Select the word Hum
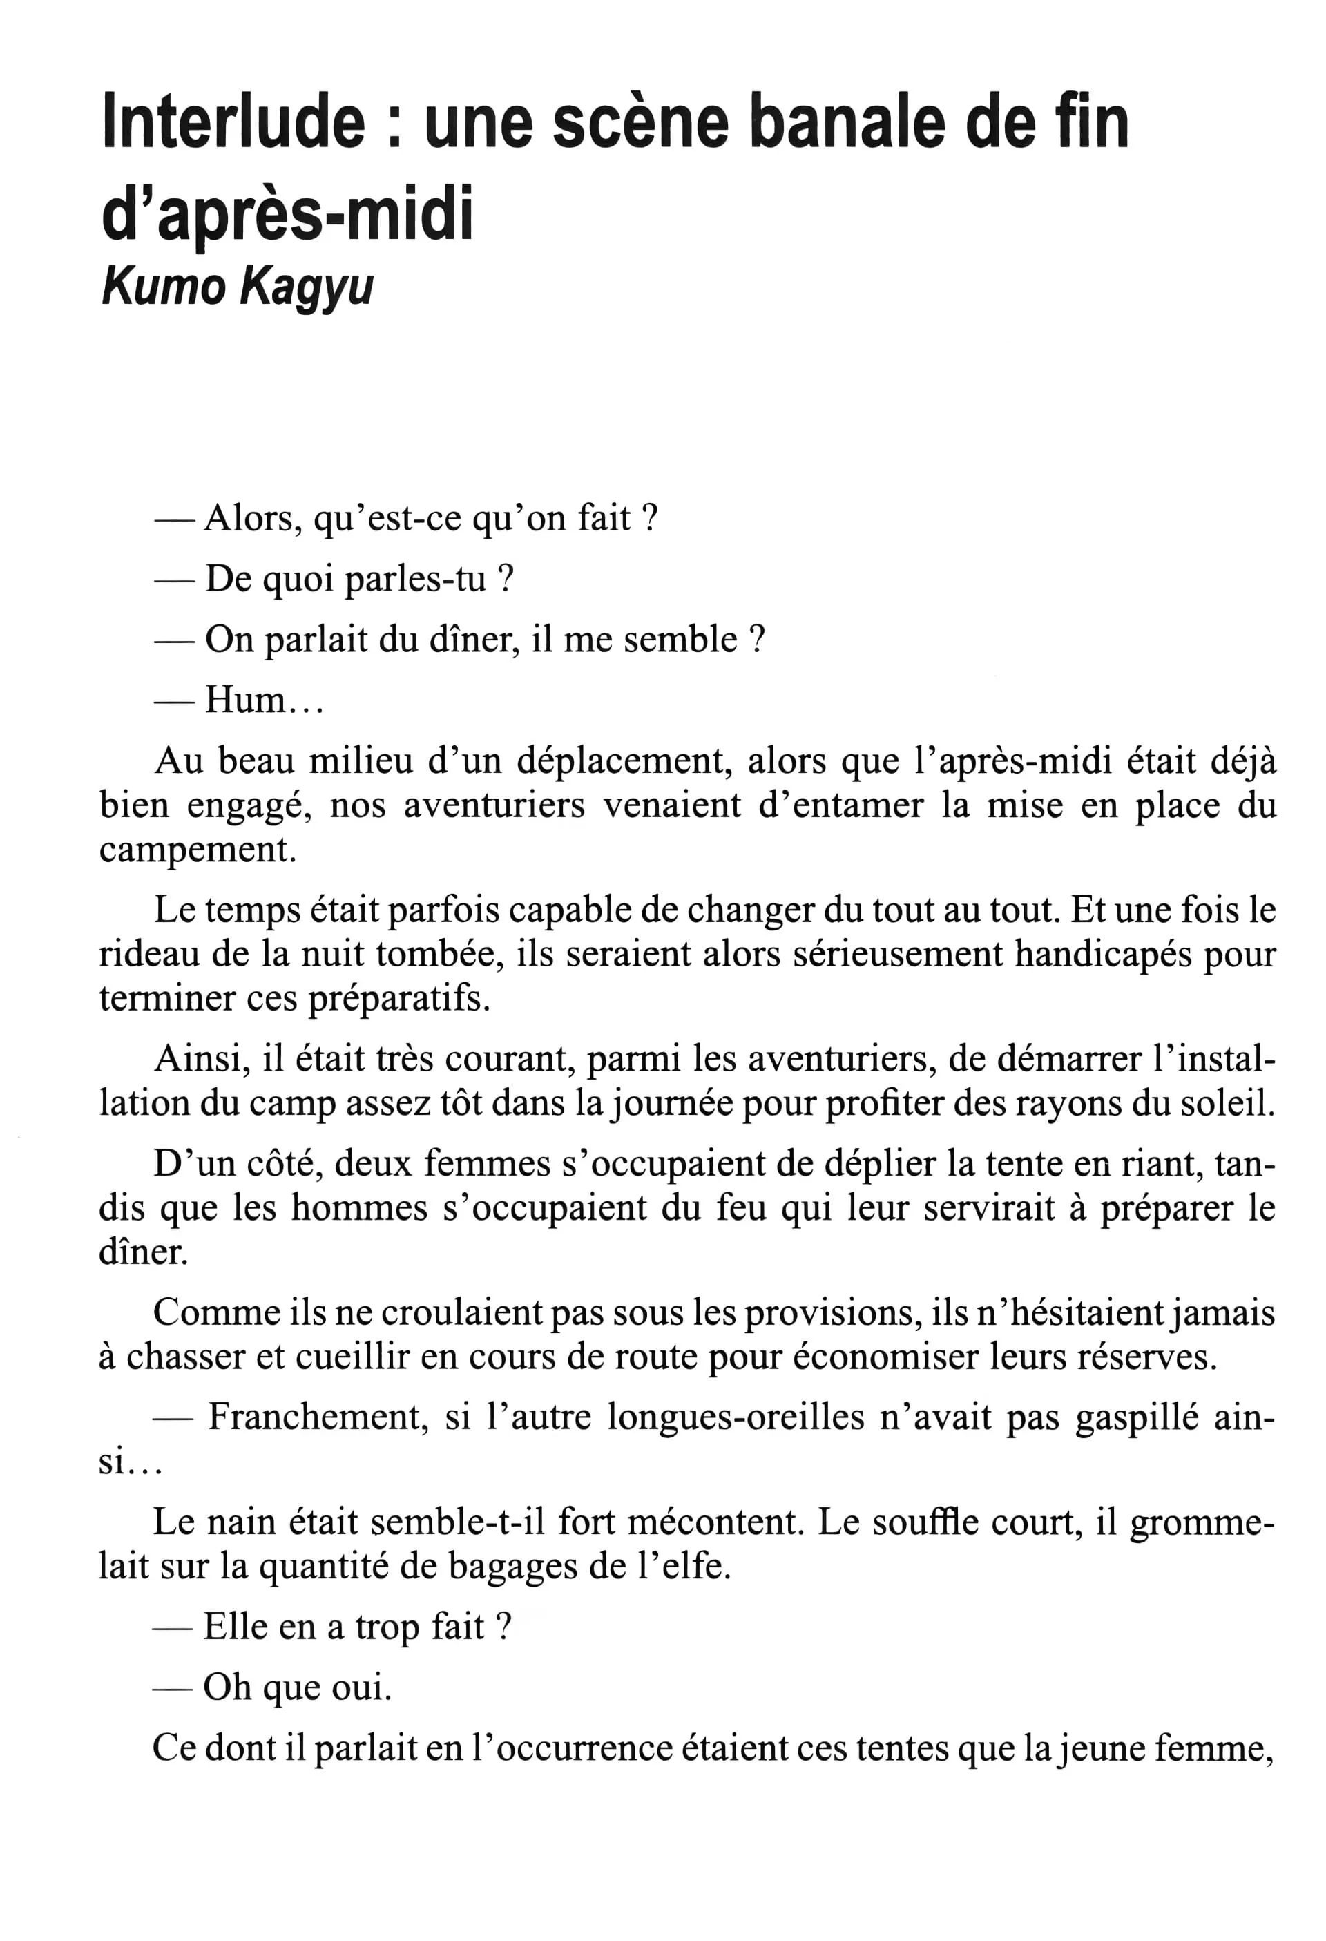[245, 699]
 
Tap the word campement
[197, 850]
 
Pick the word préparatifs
[398, 999]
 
